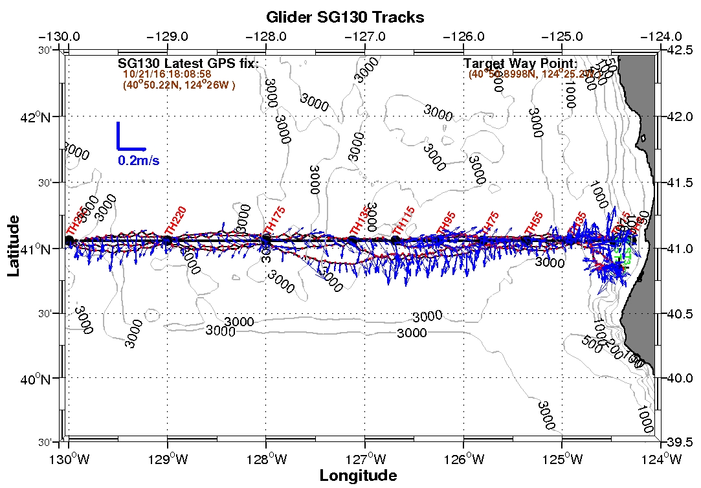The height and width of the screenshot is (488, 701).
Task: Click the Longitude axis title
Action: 358,476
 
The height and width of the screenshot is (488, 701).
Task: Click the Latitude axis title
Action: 14,248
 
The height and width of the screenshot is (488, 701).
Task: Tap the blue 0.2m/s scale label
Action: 139,160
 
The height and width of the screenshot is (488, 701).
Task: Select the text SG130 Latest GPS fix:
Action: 188,63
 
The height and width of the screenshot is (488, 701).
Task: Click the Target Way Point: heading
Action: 520,63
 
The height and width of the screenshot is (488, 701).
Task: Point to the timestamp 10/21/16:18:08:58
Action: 168,74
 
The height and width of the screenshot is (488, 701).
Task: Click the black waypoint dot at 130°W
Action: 69,240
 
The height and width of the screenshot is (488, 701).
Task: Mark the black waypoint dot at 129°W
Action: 168,240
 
